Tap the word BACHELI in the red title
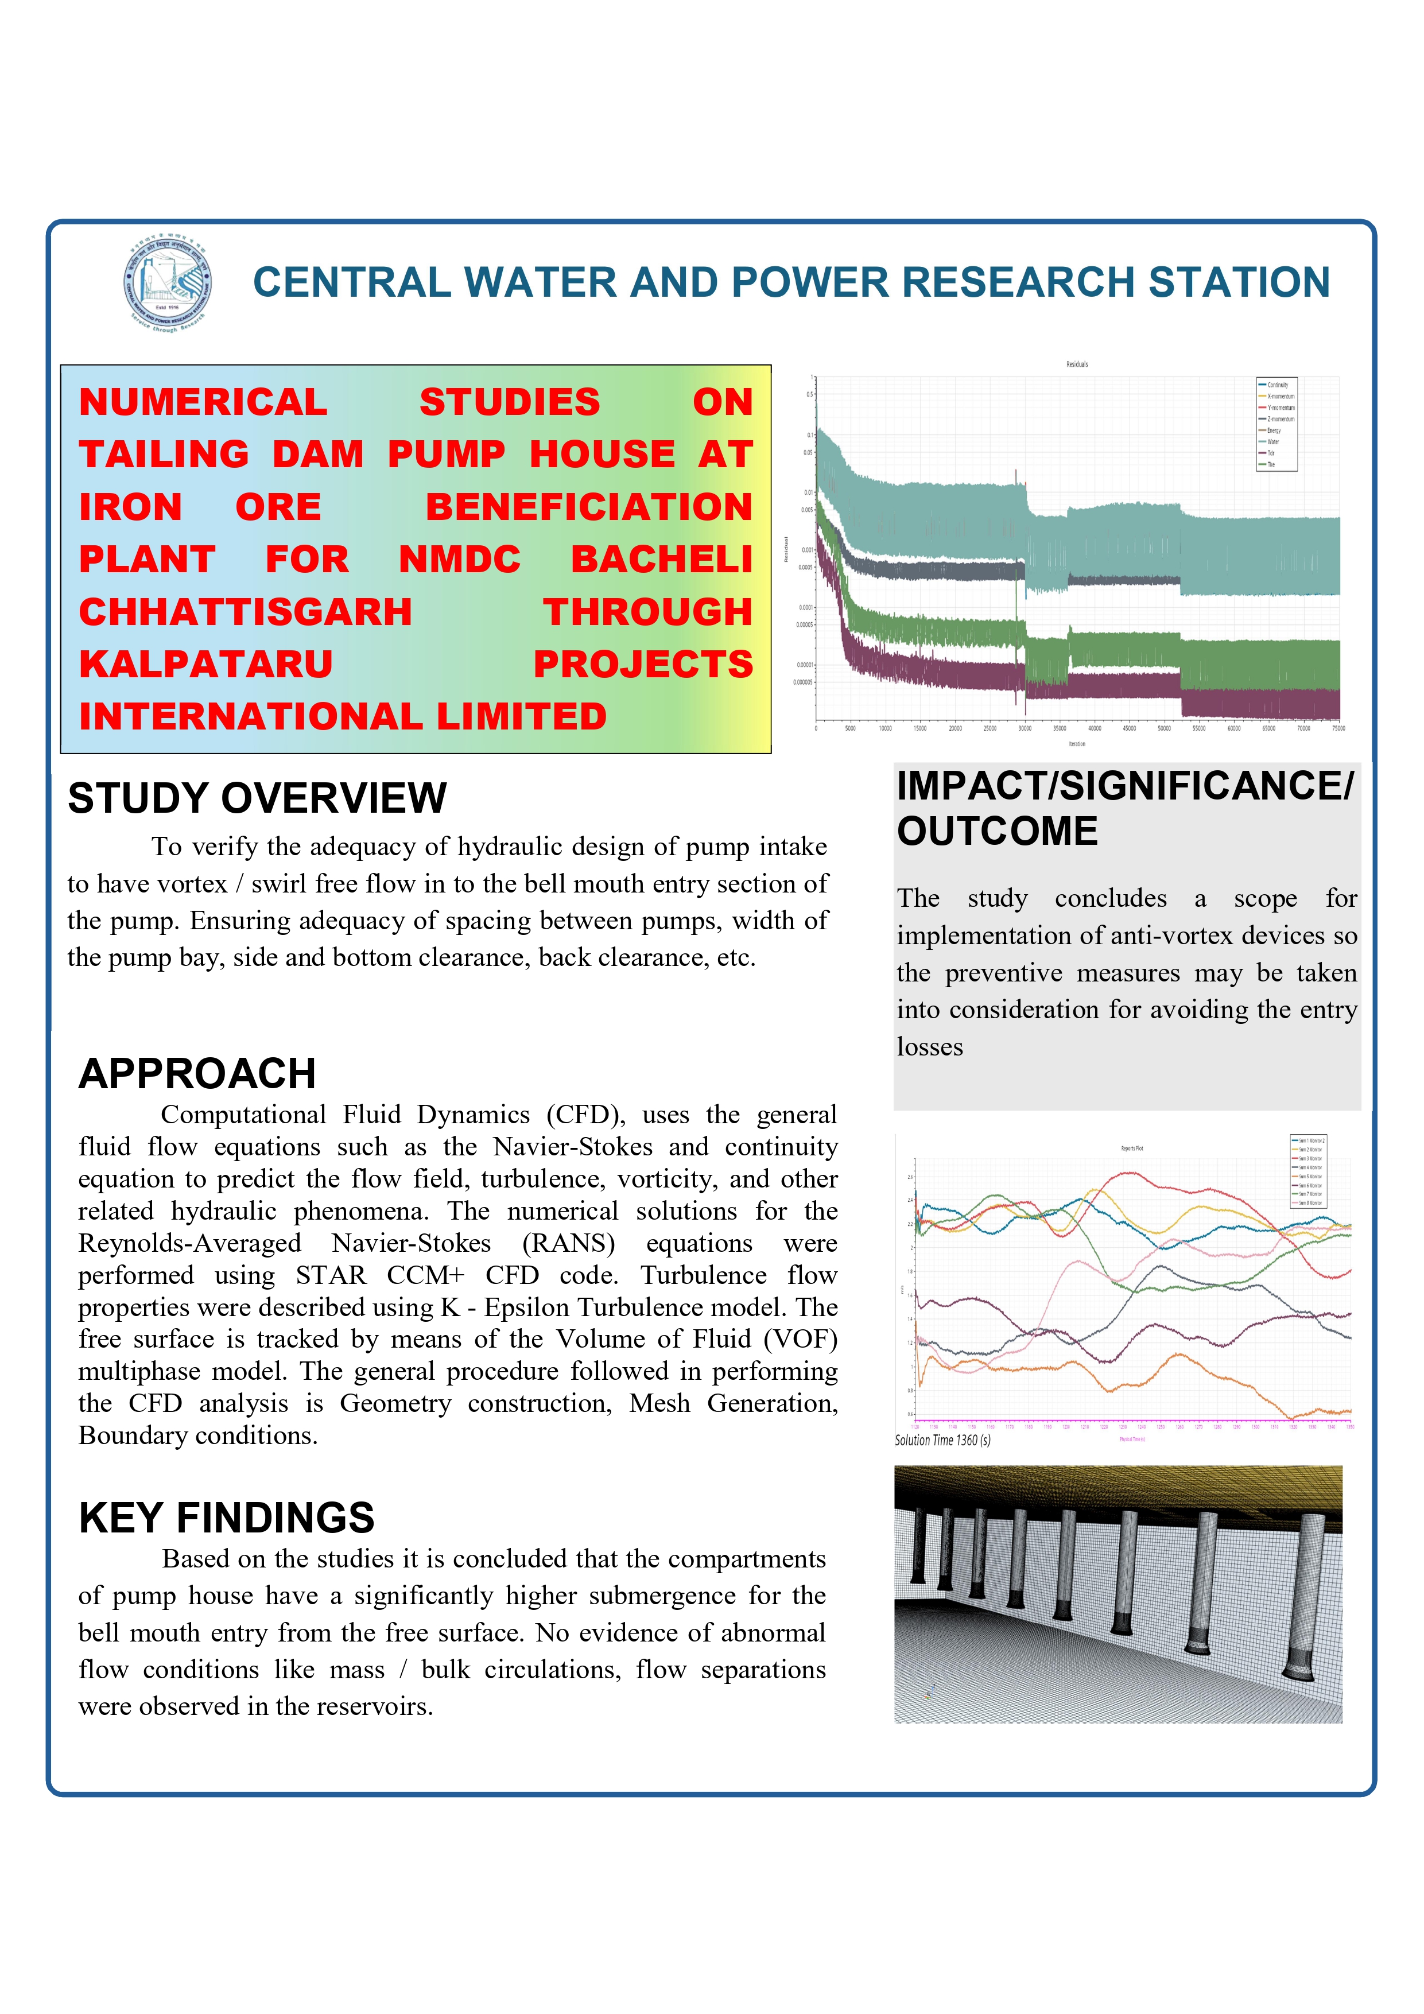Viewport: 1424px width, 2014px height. [x=662, y=560]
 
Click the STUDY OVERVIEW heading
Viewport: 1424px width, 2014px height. [x=257, y=799]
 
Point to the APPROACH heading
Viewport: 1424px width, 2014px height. [x=197, y=1074]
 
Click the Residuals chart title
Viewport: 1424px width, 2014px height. [x=1077, y=364]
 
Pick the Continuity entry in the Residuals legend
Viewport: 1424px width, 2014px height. [x=1278, y=385]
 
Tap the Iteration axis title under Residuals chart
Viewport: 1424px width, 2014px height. [x=1077, y=744]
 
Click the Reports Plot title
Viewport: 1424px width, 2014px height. [x=1132, y=1148]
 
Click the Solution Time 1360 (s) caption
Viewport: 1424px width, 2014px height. [x=942, y=1440]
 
